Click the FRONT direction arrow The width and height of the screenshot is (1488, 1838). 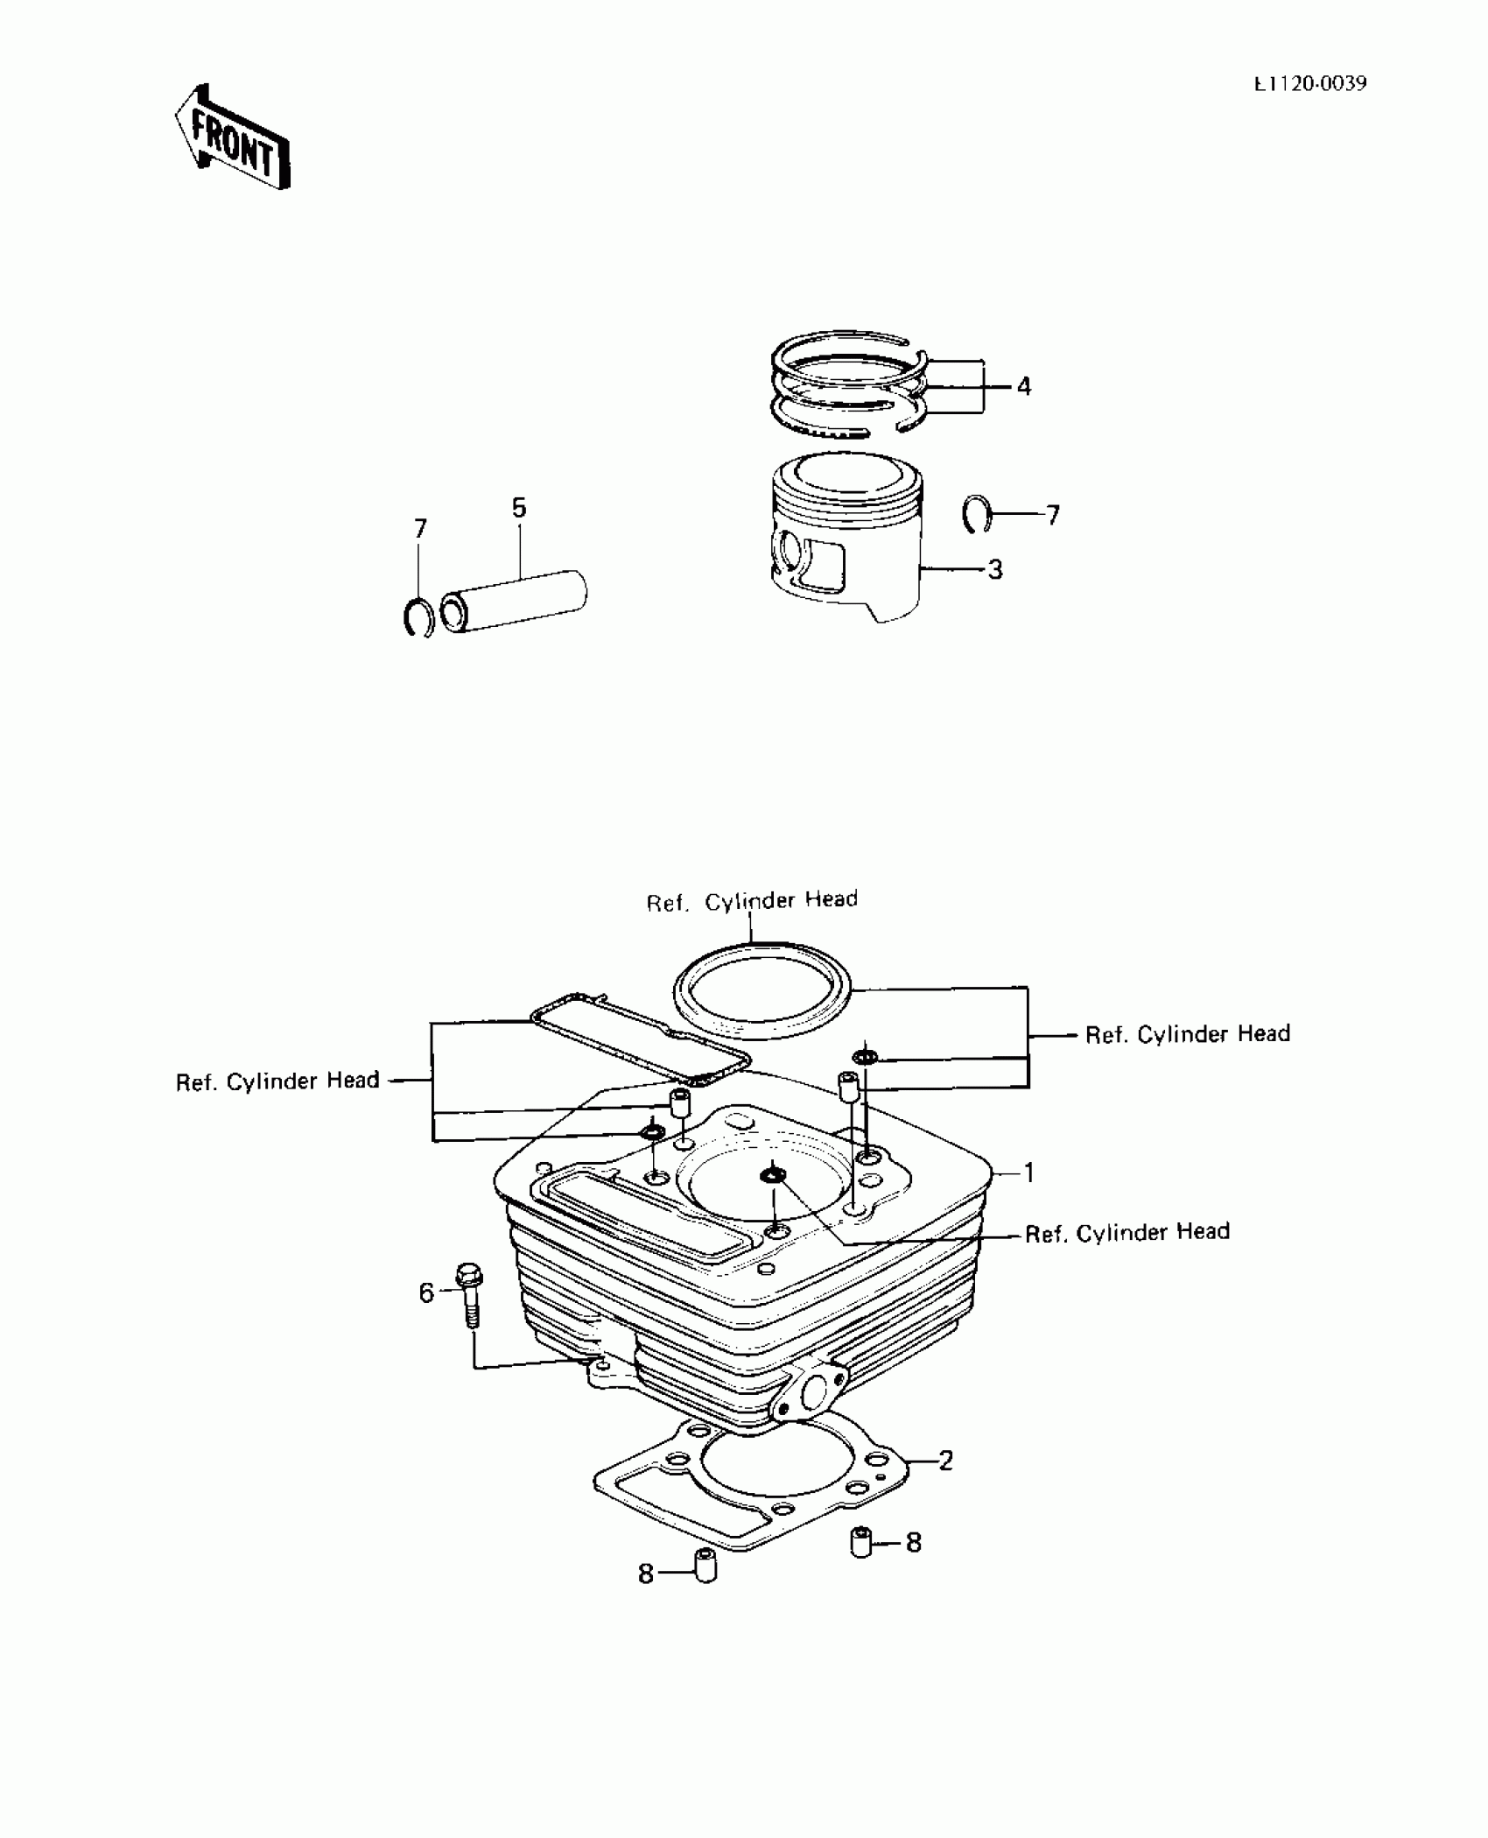(233, 138)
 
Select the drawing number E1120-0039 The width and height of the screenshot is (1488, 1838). (1309, 84)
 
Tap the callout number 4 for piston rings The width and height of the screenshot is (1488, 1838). (1024, 386)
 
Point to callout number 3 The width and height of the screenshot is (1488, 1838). (995, 570)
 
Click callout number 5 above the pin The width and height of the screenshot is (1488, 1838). (519, 508)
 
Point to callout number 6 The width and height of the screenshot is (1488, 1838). (426, 1293)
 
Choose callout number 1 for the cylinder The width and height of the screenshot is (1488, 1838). (1029, 1173)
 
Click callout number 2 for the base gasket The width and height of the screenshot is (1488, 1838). (945, 1461)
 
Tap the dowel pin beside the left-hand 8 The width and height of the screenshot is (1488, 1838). (705, 1566)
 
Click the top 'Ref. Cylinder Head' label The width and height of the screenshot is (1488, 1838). (752, 901)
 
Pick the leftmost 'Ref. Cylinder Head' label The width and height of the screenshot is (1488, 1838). (277, 1081)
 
